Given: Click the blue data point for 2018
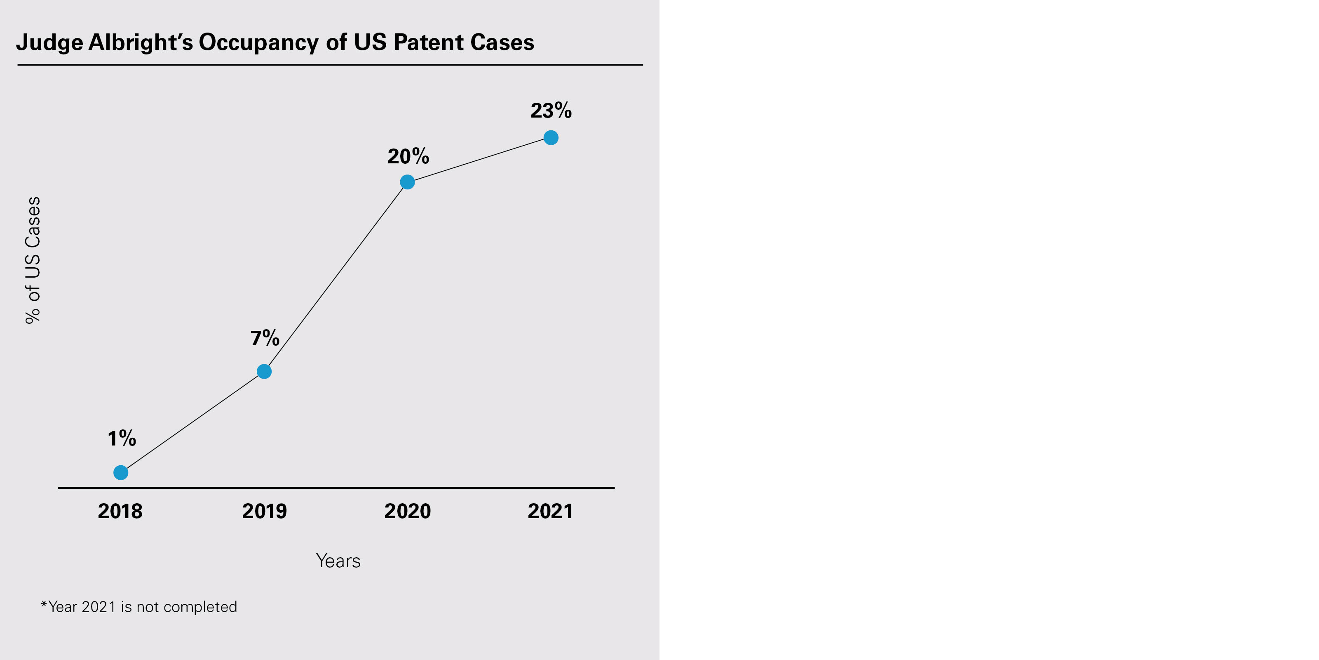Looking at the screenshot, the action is (x=121, y=472).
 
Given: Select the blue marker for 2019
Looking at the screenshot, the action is (x=264, y=372).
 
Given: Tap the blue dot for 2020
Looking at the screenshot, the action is (x=407, y=182).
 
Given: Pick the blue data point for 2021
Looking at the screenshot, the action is (x=551, y=138).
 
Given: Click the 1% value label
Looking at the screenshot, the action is (x=122, y=438).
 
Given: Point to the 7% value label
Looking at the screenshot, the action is (x=265, y=338).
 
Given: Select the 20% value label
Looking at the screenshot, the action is (x=408, y=156).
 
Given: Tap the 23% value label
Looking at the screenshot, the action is (x=551, y=111).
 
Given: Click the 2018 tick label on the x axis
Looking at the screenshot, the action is (x=120, y=511).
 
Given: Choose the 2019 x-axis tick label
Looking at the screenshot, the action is (x=264, y=511).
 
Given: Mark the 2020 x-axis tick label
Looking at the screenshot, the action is (x=408, y=511).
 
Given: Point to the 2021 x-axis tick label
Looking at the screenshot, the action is (x=550, y=511).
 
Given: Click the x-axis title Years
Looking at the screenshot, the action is (x=338, y=561).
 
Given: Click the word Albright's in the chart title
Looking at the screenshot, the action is (x=141, y=42).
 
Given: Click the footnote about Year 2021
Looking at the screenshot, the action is (x=139, y=607).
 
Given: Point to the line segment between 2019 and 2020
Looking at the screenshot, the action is (x=336, y=277).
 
